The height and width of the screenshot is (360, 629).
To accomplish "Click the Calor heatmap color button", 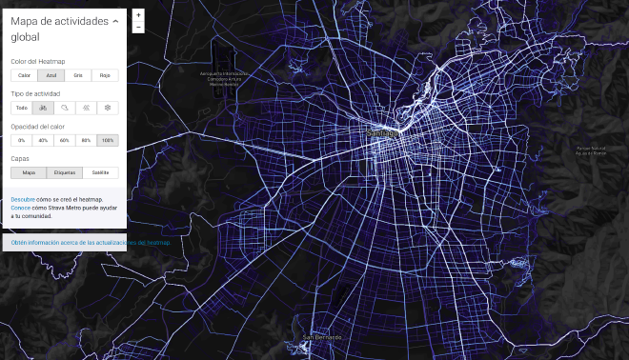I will (24, 75).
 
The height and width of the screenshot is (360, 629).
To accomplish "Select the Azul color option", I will (50, 75).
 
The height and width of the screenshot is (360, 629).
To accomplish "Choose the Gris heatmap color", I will (78, 75).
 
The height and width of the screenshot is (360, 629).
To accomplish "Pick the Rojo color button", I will (106, 75).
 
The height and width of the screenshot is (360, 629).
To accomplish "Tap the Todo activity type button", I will (22, 108).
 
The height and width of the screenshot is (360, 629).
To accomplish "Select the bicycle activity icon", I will (44, 108).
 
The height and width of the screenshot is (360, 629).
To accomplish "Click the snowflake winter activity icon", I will (109, 108).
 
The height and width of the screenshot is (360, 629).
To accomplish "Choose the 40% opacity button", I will (43, 140).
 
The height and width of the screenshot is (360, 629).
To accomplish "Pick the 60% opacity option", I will (65, 140).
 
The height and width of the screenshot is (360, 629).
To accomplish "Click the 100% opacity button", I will (108, 140).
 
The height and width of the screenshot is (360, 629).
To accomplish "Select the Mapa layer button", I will (29, 172).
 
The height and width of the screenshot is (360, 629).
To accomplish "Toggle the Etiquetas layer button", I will (64, 172).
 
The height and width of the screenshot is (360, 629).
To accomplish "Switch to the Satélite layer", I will (100, 172).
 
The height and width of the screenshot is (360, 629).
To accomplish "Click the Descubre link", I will (23, 199).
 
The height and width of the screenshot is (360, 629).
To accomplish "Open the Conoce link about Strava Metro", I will (21, 207).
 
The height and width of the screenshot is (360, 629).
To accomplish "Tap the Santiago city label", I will (382, 134).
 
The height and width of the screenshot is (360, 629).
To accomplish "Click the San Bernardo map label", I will (320, 337).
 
